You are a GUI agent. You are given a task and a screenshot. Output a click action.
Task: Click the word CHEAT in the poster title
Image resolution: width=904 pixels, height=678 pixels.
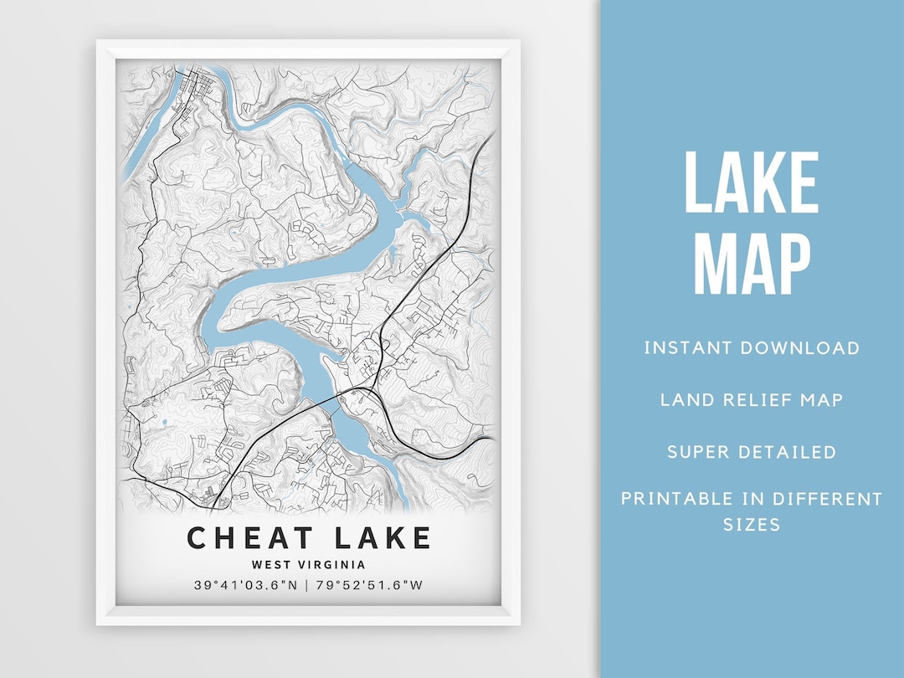(x=251, y=537)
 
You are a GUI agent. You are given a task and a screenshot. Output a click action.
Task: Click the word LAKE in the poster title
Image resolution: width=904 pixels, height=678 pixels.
(x=379, y=537)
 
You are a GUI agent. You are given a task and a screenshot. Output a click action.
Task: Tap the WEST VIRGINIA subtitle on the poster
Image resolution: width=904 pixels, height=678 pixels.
(x=308, y=565)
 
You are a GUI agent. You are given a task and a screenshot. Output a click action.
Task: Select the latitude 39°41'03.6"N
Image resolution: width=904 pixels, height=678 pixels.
(x=245, y=586)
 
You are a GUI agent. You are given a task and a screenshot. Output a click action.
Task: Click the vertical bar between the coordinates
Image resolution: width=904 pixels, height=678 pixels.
(x=307, y=586)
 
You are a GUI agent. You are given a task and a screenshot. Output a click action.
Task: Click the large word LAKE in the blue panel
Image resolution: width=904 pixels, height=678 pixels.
(x=751, y=184)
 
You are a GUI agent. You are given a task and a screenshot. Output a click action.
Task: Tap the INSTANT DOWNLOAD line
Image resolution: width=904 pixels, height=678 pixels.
(x=751, y=347)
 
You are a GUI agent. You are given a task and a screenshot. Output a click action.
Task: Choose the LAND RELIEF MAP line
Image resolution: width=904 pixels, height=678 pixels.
(x=751, y=399)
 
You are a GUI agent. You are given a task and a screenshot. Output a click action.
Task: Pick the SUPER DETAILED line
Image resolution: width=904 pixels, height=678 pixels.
(x=751, y=452)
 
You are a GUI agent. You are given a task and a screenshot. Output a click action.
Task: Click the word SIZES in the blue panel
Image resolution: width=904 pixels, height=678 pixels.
(x=751, y=525)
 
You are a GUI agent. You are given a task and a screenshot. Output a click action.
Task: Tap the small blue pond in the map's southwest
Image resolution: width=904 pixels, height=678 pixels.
(x=164, y=423)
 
